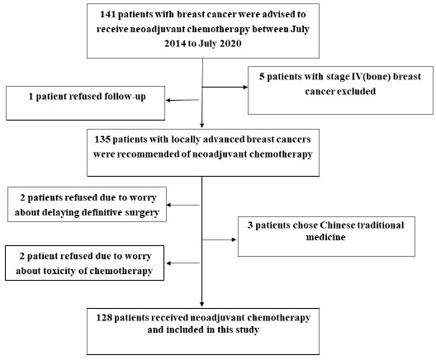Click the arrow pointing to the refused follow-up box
click(x=183, y=100)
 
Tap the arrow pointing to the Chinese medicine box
click(x=220, y=241)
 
